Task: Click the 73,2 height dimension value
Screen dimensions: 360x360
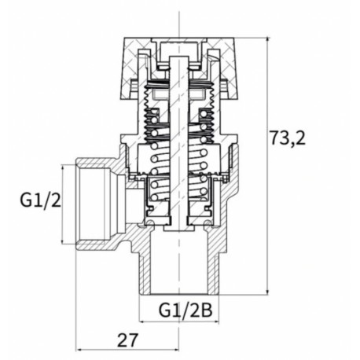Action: [288, 139]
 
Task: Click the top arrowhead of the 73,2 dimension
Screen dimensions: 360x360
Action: [269, 36]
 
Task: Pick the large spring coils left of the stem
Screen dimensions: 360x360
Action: [155, 169]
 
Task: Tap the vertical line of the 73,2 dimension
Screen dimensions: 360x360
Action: [269, 197]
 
